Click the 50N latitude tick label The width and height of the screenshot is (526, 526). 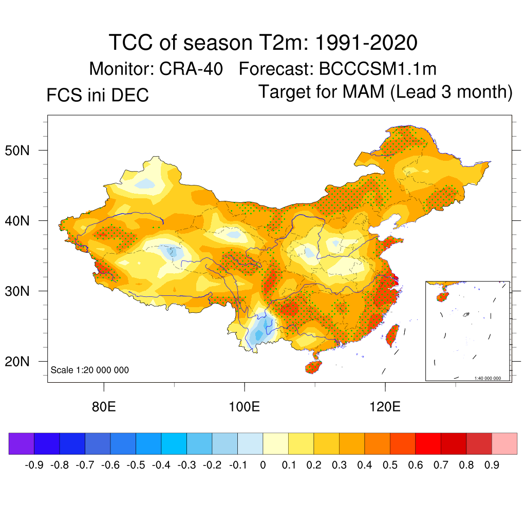coord(22,151)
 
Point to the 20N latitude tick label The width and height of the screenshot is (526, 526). coord(22,362)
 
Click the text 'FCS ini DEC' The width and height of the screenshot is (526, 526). coord(98,95)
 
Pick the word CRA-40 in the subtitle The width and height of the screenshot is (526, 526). coord(192,69)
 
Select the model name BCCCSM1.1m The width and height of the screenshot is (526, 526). coord(378,69)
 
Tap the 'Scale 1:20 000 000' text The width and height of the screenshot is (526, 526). coord(90,370)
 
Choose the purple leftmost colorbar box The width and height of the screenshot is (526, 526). coord(22,443)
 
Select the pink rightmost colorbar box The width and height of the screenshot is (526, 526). coord(504,443)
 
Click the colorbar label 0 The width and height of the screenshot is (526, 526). coord(263,465)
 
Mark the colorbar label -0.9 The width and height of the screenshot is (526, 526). coord(34,465)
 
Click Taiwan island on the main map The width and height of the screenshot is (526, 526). coord(392,333)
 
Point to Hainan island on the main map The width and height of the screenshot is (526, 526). coord(313,366)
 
